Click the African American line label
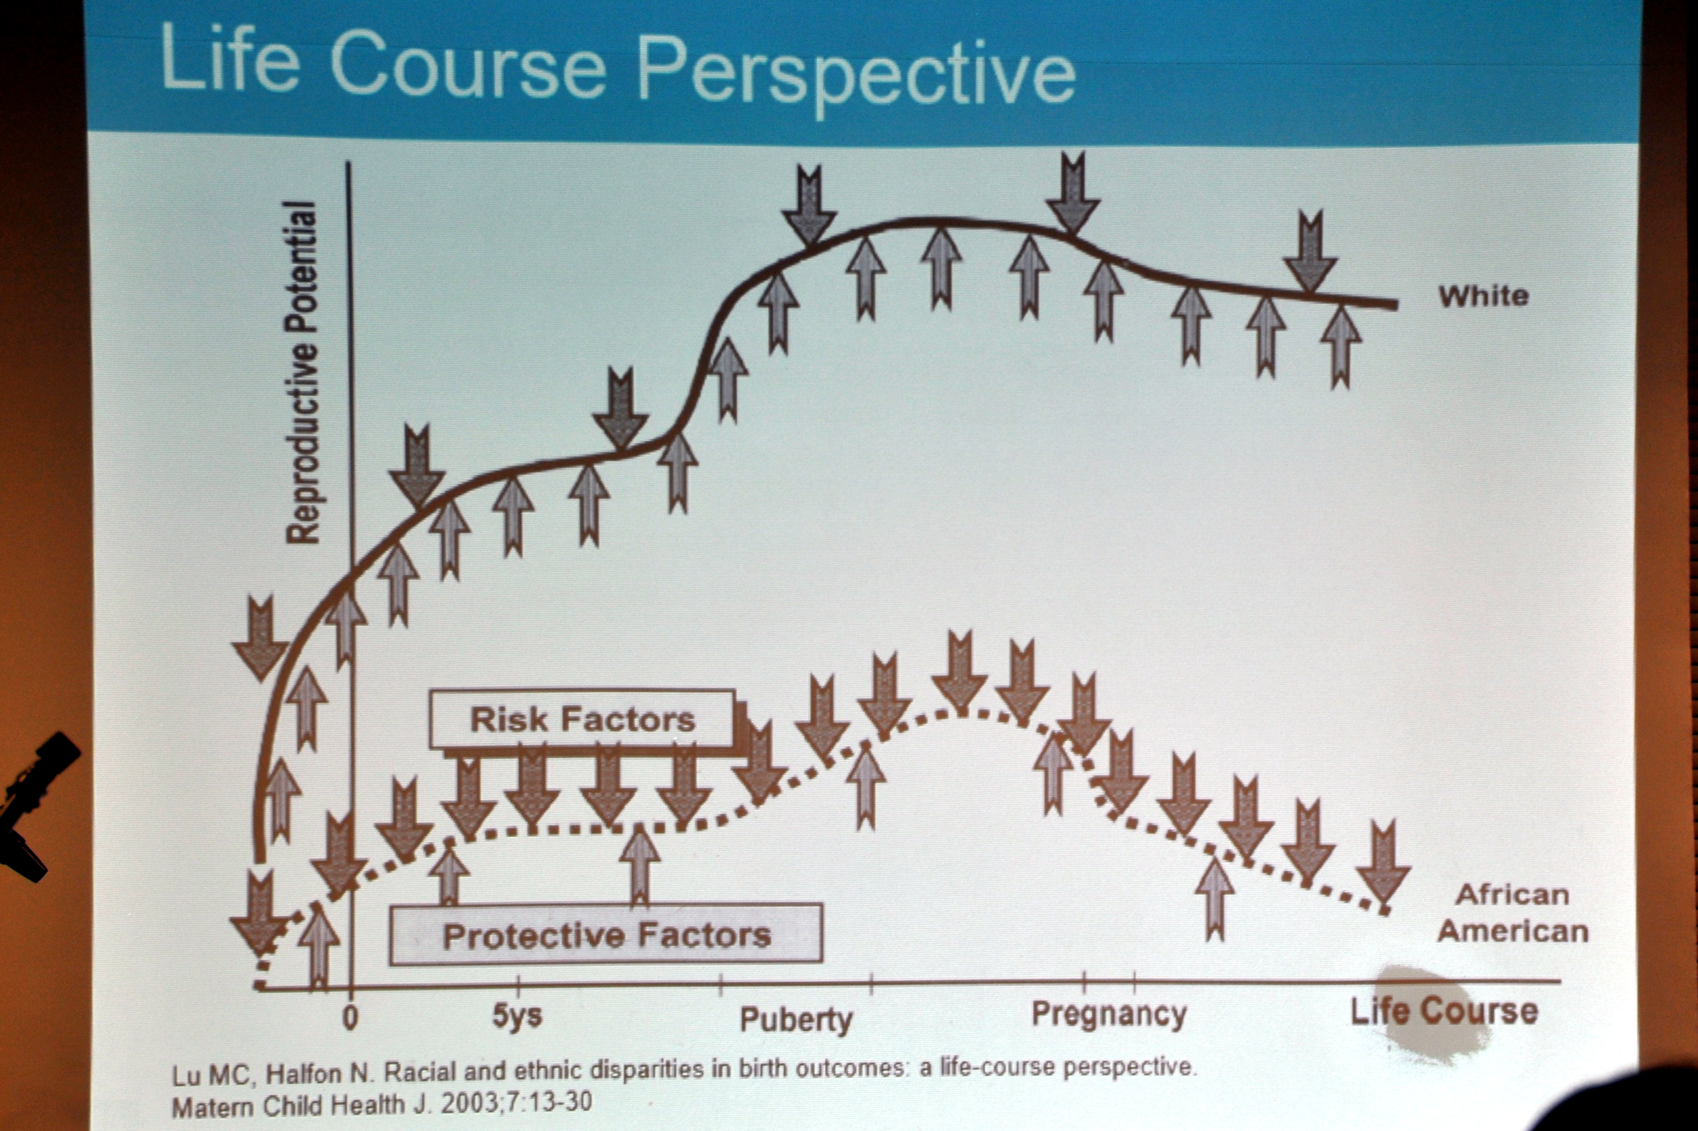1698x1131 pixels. pos(1513,913)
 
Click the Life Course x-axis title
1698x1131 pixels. pos(1444,1011)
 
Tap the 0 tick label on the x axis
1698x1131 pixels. pos(350,1018)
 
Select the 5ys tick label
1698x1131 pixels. pos(517,1016)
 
